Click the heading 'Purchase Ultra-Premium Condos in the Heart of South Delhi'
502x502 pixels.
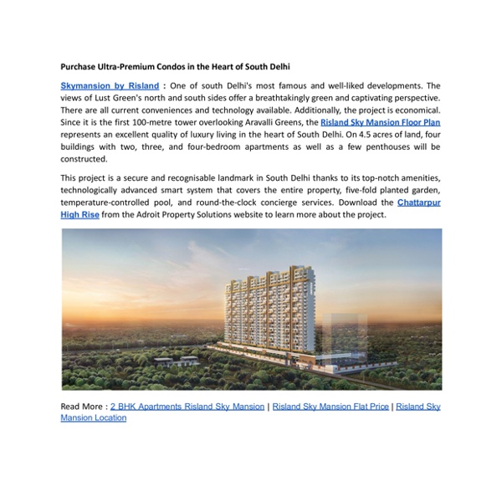click(180, 65)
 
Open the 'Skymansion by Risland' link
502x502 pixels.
click(110, 85)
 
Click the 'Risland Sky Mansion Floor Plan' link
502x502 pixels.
click(379, 122)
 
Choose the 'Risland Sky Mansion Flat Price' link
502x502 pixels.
click(330, 406)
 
